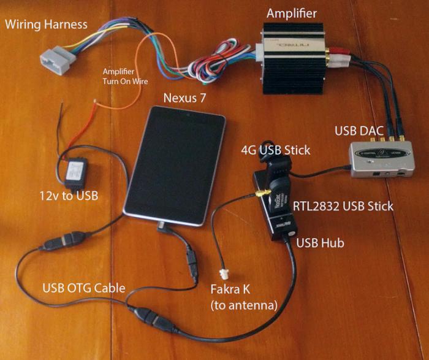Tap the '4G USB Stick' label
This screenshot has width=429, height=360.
pos(275,150)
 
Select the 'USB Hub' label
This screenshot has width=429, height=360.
pos(320,243)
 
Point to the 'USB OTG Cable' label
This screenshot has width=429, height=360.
pos(83,288)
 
